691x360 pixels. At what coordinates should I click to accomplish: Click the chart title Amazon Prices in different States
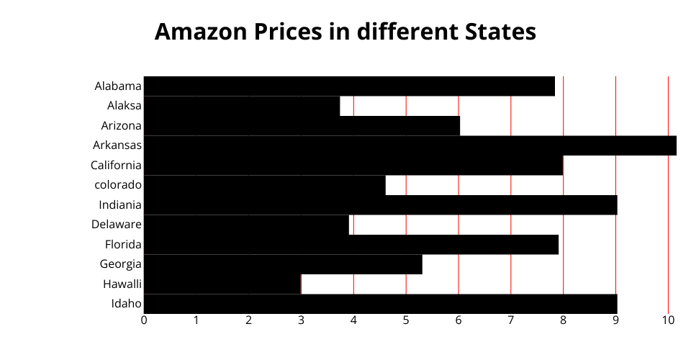[x=345, y=32]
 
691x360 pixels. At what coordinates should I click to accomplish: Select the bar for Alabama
[x=349, y=86]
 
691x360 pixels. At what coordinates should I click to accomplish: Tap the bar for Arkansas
[x=410, y=145]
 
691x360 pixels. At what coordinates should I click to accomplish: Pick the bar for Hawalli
[x=222, y=284]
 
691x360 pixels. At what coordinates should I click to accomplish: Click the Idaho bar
[x=380, y=304]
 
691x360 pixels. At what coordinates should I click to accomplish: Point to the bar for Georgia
[x=283, y=264]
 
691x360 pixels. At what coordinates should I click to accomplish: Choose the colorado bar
[x=264, y=185]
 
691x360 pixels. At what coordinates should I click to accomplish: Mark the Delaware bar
[x=246, y=225]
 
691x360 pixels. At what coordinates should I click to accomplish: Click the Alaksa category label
[x=124, y=106]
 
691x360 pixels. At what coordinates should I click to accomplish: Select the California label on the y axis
[x=116, y=165]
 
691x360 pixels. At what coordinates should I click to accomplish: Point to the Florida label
[x=123, y=244]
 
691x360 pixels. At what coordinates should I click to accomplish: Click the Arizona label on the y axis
[x=121, y=125]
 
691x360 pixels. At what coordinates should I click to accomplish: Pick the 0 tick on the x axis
[x=144, y=320]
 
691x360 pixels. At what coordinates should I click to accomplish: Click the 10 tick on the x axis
[x=668, y=320]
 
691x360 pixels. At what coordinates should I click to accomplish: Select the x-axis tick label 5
[x=406, y=320]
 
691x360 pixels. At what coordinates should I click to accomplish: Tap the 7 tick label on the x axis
[x=511, y=320]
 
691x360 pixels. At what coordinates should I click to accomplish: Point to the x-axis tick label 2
[x=249, y=320]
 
